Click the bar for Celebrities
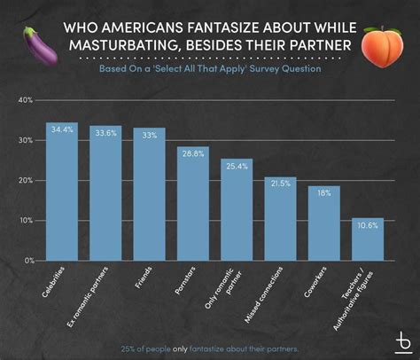tap(61, 192)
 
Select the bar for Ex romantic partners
tap(105, 193)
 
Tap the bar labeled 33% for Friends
tap(149, 194)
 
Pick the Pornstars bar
tap(192, 203)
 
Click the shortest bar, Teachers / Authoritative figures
tap(367, 239)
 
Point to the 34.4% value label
tap(61, 130)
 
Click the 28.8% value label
tap(192, 153)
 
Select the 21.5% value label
tap(280, 183)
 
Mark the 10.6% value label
tap(367, 224)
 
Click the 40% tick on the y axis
tap(26, 100)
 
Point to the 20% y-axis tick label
tap(26, 180)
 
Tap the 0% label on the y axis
tap(28, 261)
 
